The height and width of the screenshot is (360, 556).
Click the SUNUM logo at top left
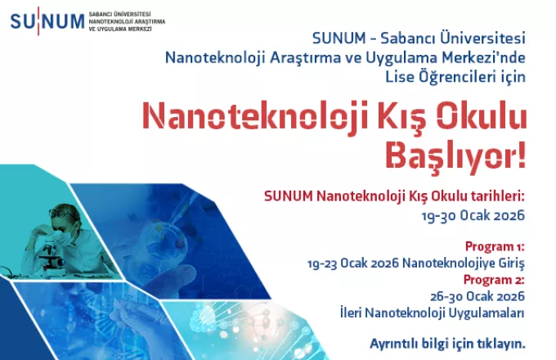tap(47, 18)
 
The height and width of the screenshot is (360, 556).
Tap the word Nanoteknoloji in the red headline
tap(237, 117)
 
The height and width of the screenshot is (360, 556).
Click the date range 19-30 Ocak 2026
tap(470, 215)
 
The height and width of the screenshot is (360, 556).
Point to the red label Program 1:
tap(495, 246)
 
